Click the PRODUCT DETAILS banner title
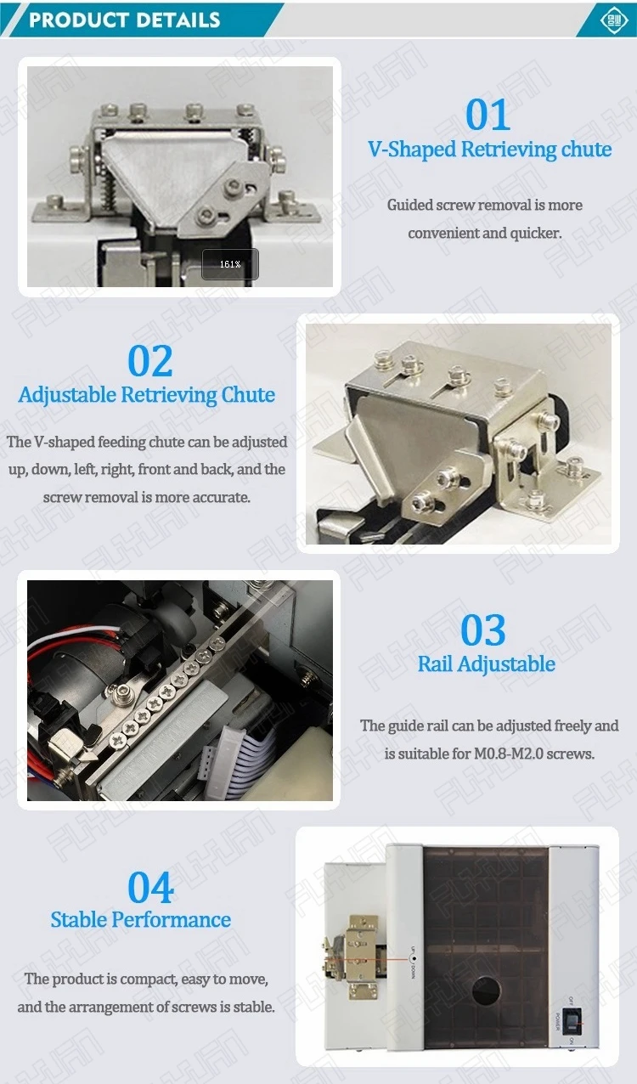[x=125, y=20]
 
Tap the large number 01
[x=488, y=116]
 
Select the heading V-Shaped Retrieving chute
[x=489, y=150]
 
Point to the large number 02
[x=150, y=361]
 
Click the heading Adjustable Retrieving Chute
[x=147, y=395]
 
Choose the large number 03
[x=483, y=630]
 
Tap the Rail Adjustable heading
[x=487, y=664]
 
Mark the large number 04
[x=150, y=889]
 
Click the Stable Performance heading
[x=141, y=920]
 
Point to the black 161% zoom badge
[x=230, y=264]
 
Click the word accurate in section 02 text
[x=221, y=497]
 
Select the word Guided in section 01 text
[x=409, y=205]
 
